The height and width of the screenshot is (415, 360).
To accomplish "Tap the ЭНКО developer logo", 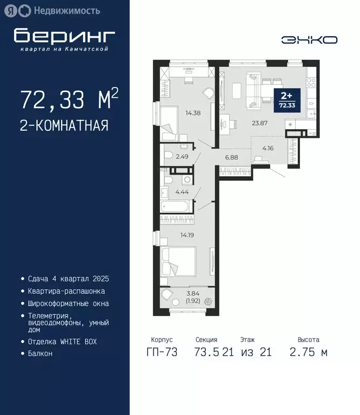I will [x=309, y=39].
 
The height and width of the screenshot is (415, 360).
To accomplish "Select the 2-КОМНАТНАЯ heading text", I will [x=64, y=126].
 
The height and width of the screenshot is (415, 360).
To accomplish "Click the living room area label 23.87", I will [x=260, y=123].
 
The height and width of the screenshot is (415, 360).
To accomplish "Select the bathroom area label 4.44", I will [x=181, y=191].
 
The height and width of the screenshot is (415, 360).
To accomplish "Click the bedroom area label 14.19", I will [x=188, y=235].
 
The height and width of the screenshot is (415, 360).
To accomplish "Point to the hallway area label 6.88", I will [x=232, y=157].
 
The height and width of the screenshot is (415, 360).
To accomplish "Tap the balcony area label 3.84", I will [x=192, y=293].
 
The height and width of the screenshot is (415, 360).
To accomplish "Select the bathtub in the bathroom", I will [x=176, y=207].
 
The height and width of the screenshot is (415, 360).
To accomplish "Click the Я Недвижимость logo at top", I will [x=55, y=10].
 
